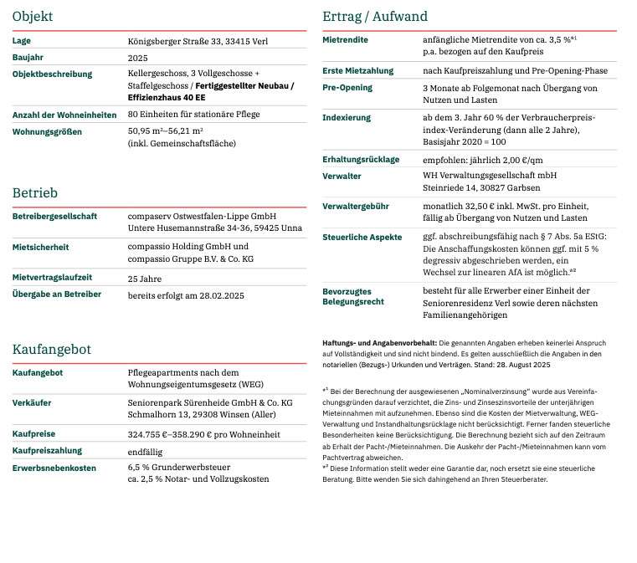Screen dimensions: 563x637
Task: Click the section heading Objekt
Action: pos(33,16)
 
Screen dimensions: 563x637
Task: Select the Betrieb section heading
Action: pos(35,193)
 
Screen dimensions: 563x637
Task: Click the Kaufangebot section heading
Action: pos(52,349)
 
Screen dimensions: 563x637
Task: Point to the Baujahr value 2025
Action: pos(137,58)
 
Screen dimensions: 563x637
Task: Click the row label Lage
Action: pos(22,41)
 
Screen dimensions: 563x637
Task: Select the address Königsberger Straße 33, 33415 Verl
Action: pos(198,41)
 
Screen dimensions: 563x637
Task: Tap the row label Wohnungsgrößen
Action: pos(47,131)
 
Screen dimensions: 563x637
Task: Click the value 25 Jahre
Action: pos(145,279)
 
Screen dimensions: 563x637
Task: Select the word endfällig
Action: pos(146,451)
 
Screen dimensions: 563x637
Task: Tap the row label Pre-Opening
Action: pos(347,88)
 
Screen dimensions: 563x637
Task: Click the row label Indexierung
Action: pos(347,118)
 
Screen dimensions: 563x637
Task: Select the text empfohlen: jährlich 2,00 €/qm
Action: pos(483,160)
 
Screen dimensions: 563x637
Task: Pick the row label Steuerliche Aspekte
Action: pos(362,237)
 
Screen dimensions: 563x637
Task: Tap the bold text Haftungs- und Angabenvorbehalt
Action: pos(379,343)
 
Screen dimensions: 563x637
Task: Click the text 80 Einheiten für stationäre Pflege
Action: pos(193,115)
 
